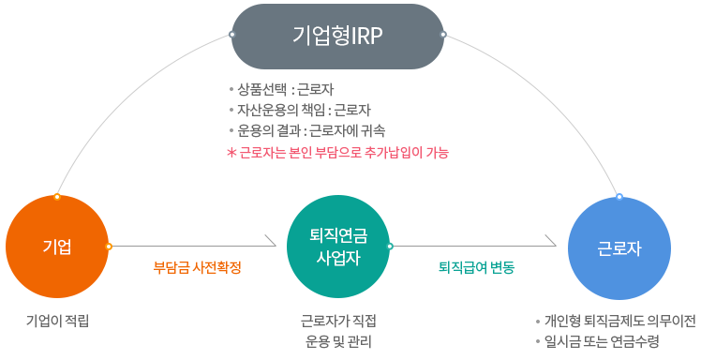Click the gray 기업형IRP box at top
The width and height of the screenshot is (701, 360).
337,36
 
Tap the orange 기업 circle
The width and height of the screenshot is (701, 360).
57,247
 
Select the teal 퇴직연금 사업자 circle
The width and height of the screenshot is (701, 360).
338,247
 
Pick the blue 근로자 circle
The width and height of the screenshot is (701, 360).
619,247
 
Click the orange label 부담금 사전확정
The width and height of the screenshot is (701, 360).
197,267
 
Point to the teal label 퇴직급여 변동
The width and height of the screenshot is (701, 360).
476,267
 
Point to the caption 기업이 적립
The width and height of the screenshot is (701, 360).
57,321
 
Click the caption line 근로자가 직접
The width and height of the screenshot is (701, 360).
338,321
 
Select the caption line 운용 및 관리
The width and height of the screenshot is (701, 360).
338,340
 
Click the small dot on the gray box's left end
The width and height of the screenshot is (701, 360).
231,35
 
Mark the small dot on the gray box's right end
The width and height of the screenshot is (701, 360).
443,35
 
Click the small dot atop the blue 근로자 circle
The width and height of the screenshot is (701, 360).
619,197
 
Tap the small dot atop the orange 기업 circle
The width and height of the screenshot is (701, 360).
57,197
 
